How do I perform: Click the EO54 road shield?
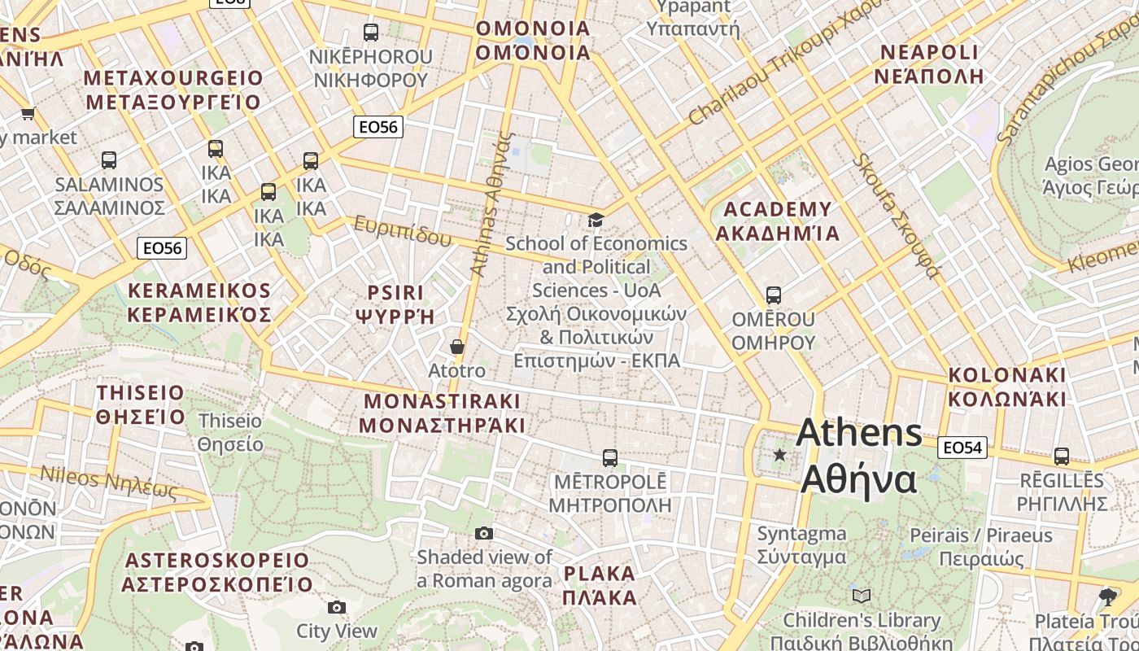click(962, 447)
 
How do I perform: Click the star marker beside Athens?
click(780, 455)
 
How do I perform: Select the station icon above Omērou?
click(774, 295)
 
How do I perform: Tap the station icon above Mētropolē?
click(610, 458)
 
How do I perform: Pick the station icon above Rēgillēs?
click(1062, 457)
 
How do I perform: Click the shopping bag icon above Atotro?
click(457, 347)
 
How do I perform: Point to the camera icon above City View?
click(337, 607)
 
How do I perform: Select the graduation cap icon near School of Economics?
click(596, 220)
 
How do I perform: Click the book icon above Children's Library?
click(862, 596)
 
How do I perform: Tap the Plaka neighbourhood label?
click(600, 586)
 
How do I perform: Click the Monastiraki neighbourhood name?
click(442, 413)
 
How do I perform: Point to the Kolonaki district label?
click(1007, 387)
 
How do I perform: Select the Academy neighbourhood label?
click(777, 221)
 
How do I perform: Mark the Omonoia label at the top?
click(533, 41)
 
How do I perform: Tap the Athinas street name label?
click(492, 203)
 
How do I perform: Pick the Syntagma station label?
click(801, 545)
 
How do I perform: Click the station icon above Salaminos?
click(109, 160)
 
